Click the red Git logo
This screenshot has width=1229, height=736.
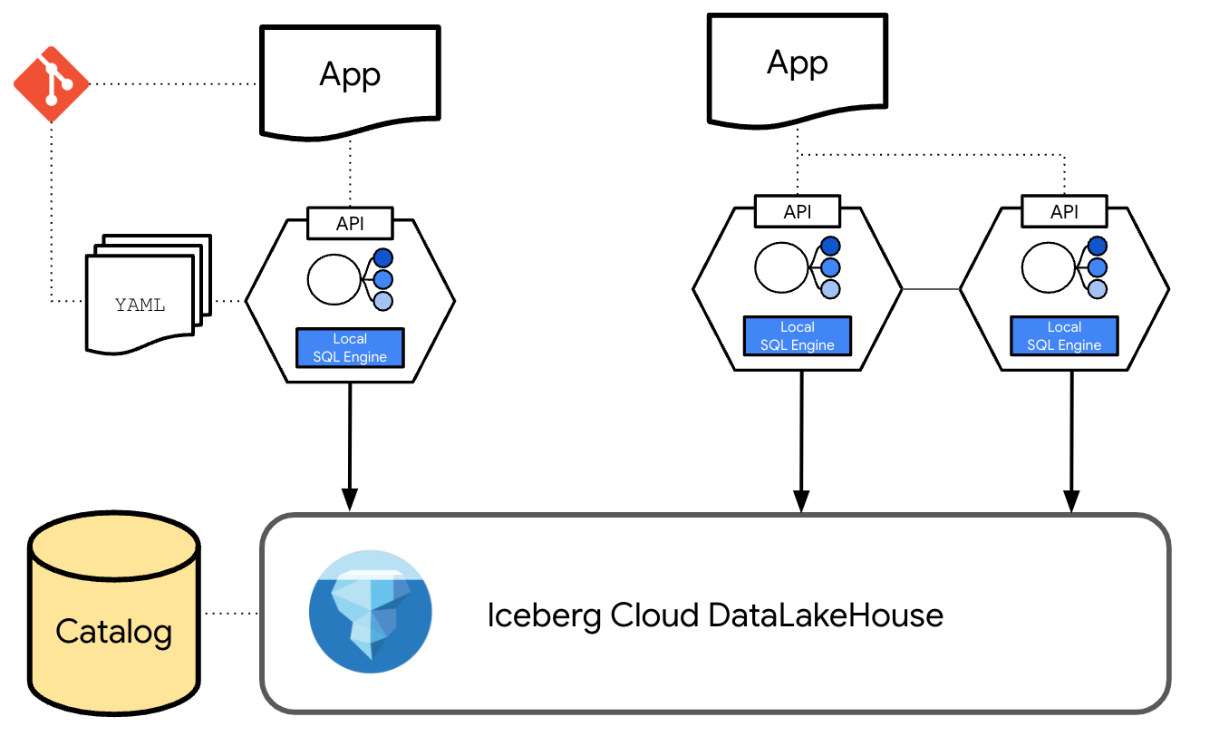tap(52, 83)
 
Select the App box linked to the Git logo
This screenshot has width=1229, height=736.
tap(350, 78)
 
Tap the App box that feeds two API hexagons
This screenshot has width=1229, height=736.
tap(798, 67)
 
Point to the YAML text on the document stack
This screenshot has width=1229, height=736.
tap(140, 305)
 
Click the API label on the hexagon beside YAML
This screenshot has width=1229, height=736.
tap(350, 223)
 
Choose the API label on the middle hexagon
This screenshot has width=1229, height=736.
tap(798, 212)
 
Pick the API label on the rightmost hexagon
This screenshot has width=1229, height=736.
tap(1064, 212)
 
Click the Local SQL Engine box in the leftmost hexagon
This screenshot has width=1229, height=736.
tap(350, 348)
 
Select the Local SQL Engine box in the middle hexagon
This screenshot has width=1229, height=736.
tap(798, 336)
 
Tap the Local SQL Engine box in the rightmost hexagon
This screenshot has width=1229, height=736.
tap(1064, 336)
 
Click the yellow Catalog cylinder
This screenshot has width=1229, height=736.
tap(113, 616)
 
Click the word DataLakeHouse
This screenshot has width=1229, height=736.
tap(826, 615)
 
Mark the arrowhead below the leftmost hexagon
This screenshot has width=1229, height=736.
tap(350, 499)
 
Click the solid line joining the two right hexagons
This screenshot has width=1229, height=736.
tap(931, 289)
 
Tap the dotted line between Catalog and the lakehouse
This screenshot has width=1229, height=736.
tap(230, 614)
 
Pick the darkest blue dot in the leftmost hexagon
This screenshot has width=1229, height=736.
tap(382, 257)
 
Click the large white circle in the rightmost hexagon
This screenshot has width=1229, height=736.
tap(1049, 267)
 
